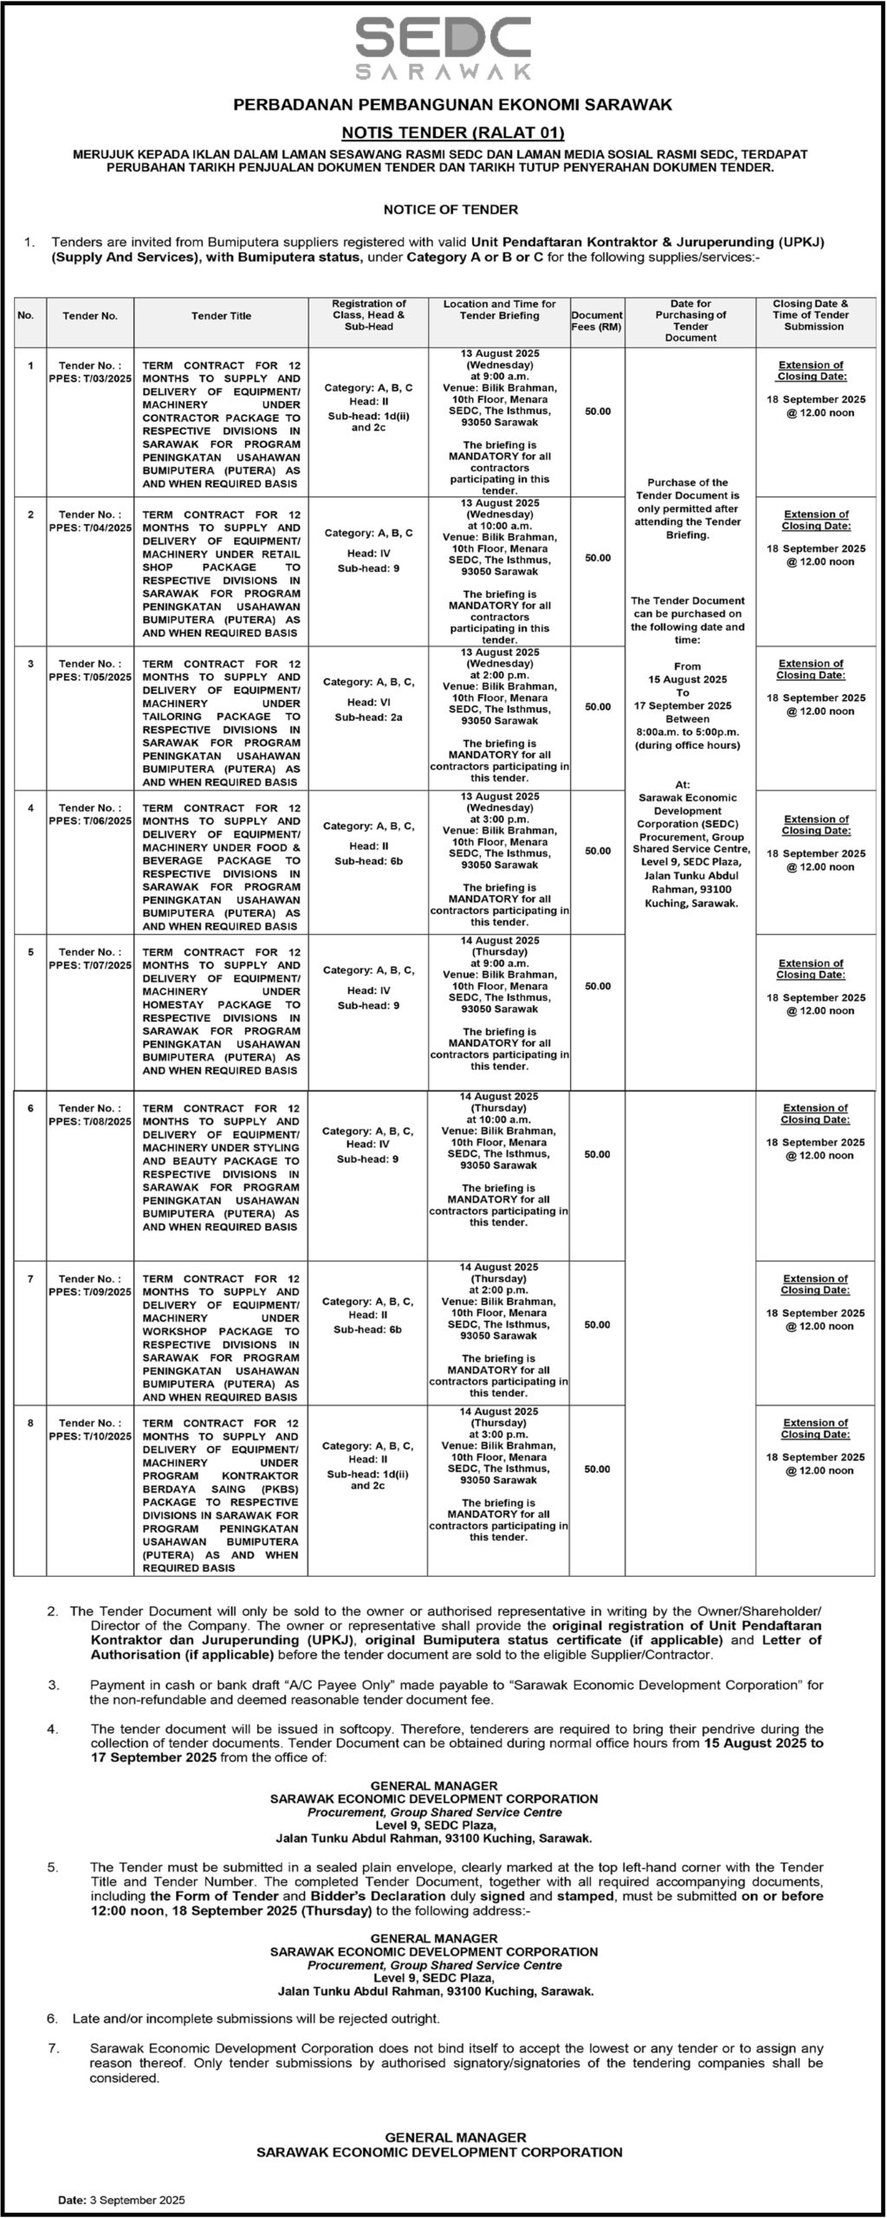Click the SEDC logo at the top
pyautogui.click(x=443, y=48)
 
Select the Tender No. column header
pyautogui.click(x=90, y=316)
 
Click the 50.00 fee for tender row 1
pyautogui.click(x=597, y=412)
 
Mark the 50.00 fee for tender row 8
pyautogui.click(x=597, y=1469)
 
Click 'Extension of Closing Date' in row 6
pyautogui.click(x=815, y=1113)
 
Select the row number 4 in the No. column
pyautogui.click(x=30, y=807)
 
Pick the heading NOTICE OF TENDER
pyautogui.click(x=451, y=210)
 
